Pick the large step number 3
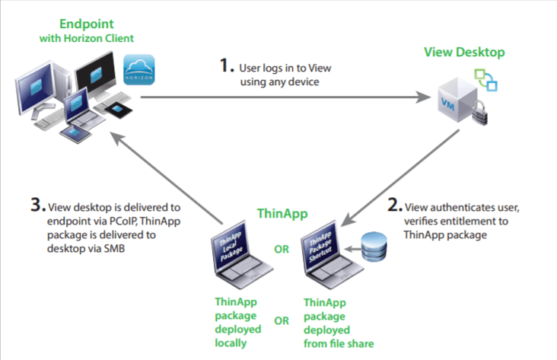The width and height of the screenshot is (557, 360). tap(37, 205)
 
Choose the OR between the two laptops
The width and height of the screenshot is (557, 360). tap(281, 248)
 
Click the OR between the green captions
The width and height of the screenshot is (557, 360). tap(281, 320)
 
